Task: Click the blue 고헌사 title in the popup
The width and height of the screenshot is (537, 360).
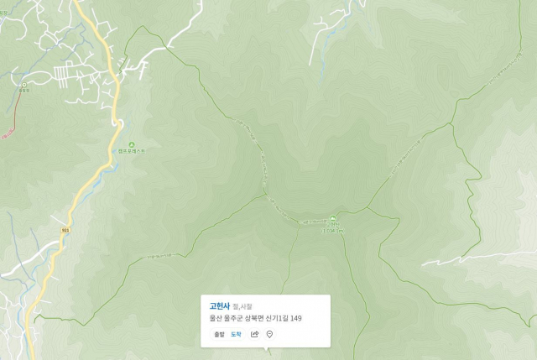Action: (x=220, y=306)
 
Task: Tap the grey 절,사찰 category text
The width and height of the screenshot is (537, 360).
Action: (x=242, y=307)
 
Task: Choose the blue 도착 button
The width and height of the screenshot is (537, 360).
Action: (x=236, y=334)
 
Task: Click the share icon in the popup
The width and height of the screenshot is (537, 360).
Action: (x=254, y=334)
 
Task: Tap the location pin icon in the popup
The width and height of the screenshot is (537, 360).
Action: (x=269, y=334)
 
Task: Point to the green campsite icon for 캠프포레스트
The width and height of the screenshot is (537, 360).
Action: (x=131, y=144)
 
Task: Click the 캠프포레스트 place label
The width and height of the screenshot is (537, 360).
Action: (x=131, y=152)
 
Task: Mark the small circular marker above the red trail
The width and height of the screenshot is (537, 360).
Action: (x=23, y=85)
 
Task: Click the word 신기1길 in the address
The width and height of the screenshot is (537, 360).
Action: (x=276, y=319)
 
